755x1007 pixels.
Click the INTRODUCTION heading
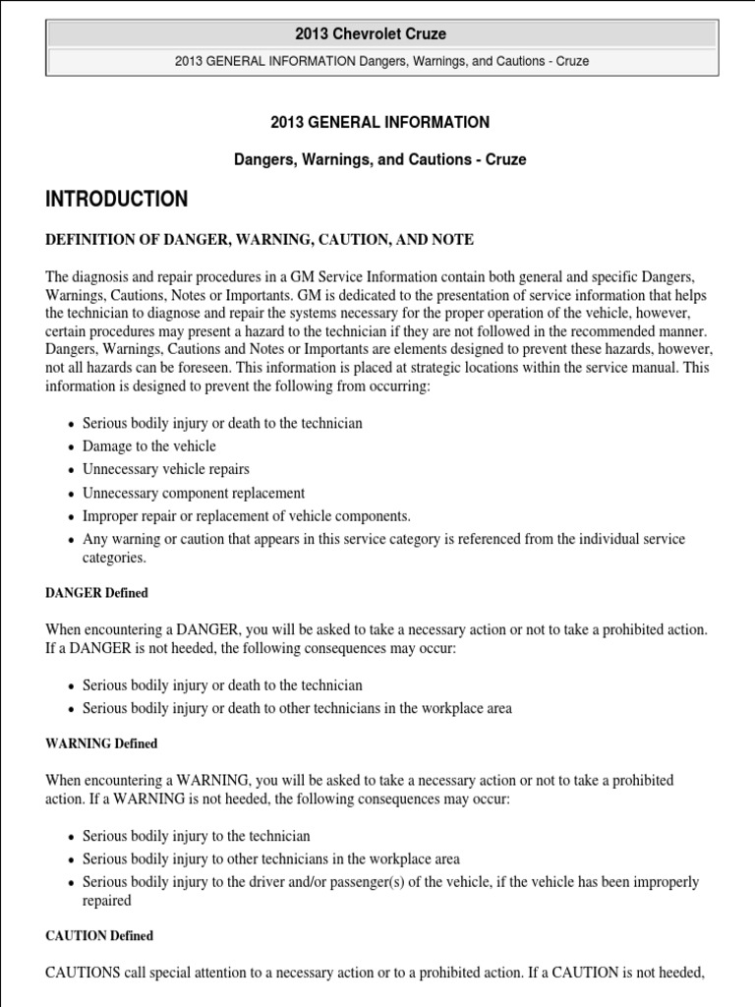116,200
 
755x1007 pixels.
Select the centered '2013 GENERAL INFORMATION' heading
379,123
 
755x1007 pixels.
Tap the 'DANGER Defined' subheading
97,593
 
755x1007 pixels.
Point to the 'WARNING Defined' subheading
101,743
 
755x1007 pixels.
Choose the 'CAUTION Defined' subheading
99,936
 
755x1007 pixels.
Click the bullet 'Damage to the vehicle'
148,446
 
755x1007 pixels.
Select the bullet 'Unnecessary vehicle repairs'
165,469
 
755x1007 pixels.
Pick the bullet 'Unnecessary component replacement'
193,493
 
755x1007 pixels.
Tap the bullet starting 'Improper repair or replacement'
246,515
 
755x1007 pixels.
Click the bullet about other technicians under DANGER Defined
297,708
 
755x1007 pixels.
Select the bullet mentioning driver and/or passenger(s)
390,882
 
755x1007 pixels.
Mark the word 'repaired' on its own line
106,900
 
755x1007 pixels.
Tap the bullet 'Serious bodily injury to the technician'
196,836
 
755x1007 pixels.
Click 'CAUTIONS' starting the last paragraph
84,974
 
